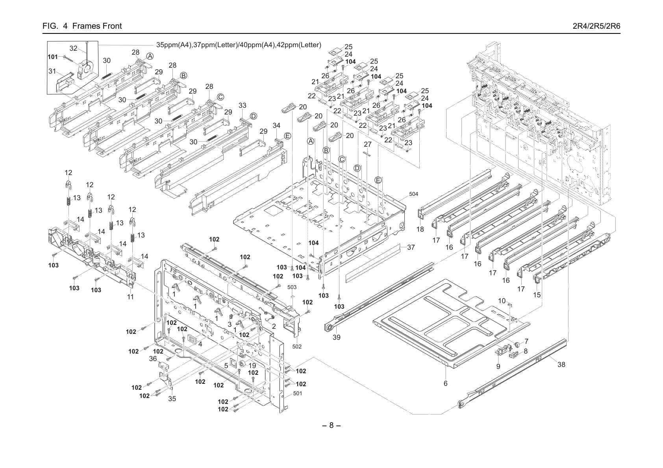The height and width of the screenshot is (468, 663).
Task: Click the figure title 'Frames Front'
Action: coord(97,26)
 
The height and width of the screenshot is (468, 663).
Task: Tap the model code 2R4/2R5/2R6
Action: coord(596,26)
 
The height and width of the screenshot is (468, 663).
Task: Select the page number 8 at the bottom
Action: coord(331,425)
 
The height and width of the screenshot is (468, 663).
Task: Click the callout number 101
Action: coord(53,57)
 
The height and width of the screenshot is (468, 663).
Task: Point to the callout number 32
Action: coord(73,48)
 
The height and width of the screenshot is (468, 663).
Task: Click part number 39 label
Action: coord(337,337)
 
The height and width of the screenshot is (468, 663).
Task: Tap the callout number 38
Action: coord(561,365)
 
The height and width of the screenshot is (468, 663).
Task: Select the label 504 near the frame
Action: coord(413,194)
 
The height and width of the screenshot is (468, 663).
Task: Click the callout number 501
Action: coord(298,394)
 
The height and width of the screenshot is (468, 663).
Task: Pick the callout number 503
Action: coord(292,287)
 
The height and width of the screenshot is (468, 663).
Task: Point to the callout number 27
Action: coord(368,144)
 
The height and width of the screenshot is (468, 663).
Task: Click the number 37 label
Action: coord(411,247)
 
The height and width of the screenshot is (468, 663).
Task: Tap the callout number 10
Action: coord(502,301)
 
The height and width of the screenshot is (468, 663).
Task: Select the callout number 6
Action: coord(445,383)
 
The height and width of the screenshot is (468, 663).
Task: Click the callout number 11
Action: coord(131,297)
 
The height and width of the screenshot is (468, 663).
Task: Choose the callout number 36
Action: coord(153,359)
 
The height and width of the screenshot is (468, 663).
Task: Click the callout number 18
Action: coord(420,229)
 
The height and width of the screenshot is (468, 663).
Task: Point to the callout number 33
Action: coord(243,105)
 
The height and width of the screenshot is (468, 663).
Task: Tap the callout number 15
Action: coord(537,295)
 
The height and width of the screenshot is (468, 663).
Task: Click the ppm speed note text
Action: coord(239,45)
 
